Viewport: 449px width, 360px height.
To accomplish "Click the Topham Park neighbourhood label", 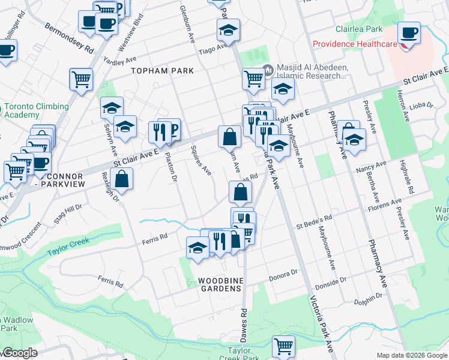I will [x=163, y=71].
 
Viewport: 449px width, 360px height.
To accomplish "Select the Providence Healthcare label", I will [x=354, y=44].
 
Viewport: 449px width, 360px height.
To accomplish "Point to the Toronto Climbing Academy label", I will [x=36, y=111].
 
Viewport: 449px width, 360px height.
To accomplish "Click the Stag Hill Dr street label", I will [x=67, y=213].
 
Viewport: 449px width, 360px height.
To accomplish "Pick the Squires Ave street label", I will [x=200, y=160].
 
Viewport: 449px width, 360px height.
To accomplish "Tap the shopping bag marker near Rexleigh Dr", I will [x=121, y=179].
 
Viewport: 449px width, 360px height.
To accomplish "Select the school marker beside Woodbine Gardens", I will [x=197, y=248].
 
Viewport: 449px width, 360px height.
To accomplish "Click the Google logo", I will [x=20, y=353].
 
